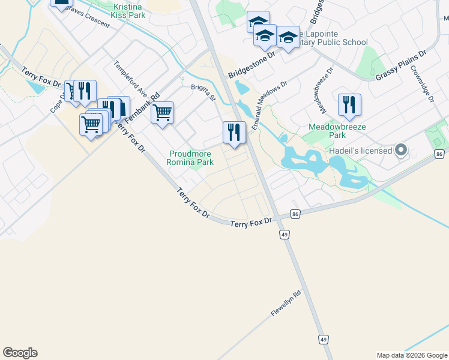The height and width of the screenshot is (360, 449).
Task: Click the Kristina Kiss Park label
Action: point(128,11)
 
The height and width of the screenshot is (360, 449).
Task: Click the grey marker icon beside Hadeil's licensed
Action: point(400,151)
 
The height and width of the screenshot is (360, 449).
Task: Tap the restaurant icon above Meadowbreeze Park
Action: point(349,105)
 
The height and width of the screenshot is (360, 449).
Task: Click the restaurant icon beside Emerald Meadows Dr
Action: point(234,132)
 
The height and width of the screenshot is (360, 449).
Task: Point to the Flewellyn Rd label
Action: point(286,304)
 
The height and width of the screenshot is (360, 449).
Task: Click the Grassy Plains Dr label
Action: point(400,65)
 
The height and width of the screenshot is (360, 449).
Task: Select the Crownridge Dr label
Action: point(423,84)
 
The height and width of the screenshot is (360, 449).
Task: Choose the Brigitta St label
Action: point(203,91)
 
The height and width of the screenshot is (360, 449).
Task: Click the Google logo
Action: point(20,353)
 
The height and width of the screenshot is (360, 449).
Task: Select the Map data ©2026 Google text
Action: point(411,355)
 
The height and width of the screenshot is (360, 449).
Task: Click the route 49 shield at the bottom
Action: point(323,340)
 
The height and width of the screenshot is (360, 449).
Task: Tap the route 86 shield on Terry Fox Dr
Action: point(295,214)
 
